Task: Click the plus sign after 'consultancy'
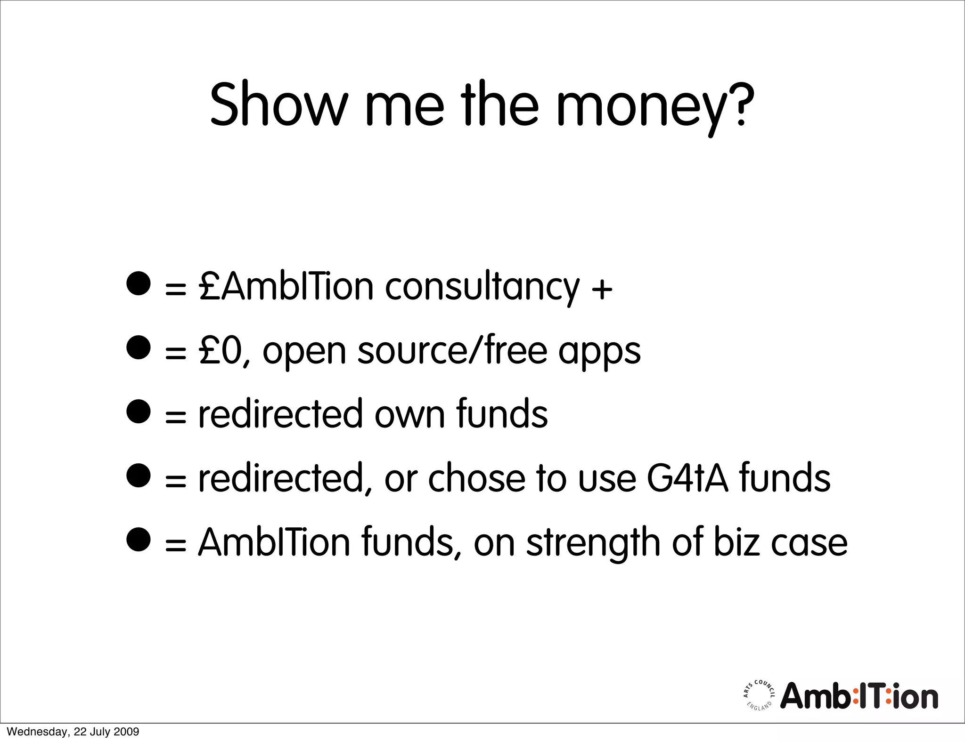(602, 288)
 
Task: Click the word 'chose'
(476, 478)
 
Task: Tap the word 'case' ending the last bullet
(809, 543)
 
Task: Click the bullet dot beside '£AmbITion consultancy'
(139, 283)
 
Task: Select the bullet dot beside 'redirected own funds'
(139, 411)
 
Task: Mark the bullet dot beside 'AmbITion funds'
(139, 539)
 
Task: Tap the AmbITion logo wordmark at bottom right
(859, 696)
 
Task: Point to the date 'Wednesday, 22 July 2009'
(73, 732)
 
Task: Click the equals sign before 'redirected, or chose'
(176, 481)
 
